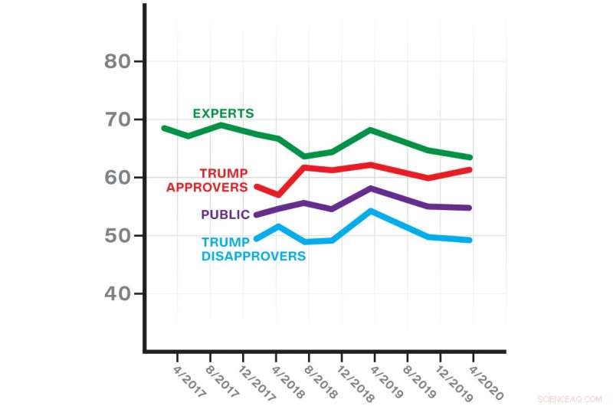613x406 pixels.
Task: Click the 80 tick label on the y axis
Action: (x=119, y=61)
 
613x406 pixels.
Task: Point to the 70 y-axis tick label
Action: (x=119, y=120)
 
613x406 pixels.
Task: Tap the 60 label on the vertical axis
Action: (x=119, y=178)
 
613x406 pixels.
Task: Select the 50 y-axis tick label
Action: (x=119, y=236)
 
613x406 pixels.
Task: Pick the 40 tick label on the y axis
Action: (x=119, y=294)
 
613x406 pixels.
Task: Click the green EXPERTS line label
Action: (x=223, y=113)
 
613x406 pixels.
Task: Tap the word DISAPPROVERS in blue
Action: (x=254, y=256)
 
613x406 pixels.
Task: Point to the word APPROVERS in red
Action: (x=207, y=186)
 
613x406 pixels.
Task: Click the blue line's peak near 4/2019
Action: (x=371, y=210)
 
